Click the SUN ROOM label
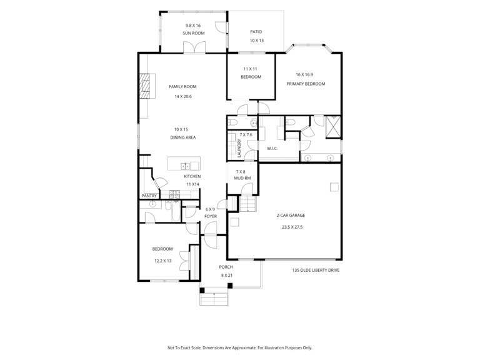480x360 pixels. pos(194,33)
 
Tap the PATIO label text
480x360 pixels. pos(256,31)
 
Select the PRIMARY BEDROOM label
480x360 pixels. pos(306,84)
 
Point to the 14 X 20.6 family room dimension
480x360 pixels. pos(183,96)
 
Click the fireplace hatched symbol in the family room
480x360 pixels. pos(145,86)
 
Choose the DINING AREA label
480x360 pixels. pos(182,137)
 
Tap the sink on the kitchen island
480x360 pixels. pos(186,166)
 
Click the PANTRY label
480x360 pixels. pos(149,196)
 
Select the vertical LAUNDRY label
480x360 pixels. pos(239,149)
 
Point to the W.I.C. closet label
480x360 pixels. pos(272,149)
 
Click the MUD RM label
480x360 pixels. pos(242,178)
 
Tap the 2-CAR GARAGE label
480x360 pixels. pos(291,215)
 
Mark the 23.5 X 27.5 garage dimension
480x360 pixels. pos(292,227)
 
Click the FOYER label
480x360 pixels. pos(211,216)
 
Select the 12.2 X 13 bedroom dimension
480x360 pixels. pos(163,261)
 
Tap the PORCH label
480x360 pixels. pos(226,267)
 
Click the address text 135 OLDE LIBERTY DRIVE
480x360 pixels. pos(316,270)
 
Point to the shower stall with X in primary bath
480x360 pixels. pos(332,127)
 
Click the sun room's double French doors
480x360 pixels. pos(194,47)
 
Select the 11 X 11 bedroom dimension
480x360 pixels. pos(251,69)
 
